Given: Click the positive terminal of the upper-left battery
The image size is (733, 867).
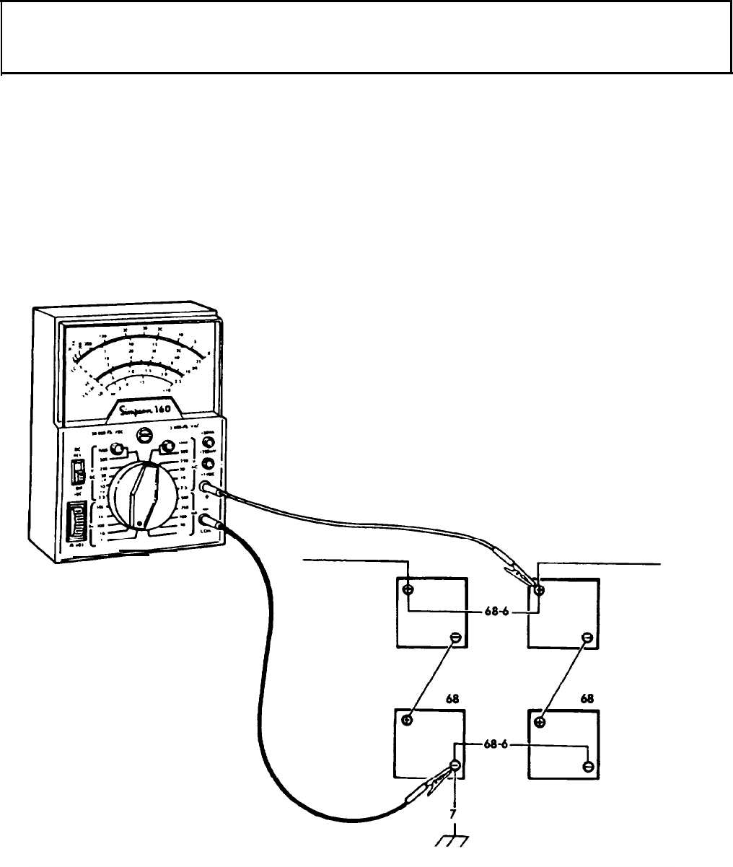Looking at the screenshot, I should coord(408,589).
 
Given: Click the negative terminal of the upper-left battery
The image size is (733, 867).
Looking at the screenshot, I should coord(455,638).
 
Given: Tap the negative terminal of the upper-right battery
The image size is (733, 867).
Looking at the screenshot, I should coord(587,638).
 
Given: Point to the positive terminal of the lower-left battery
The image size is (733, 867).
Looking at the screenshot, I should coord(408,721).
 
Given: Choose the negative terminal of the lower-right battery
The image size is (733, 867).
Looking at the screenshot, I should coord(588,766).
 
